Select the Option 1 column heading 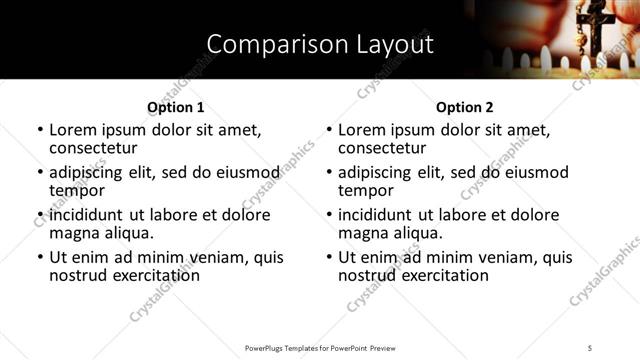[x=175, y=107]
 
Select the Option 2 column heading [x=464, y=107]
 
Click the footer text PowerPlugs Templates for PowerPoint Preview [x=319, y=347]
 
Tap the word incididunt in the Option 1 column [x=88, y=215]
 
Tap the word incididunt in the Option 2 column [x=377, y=215]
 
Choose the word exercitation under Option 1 [x=151, y=275]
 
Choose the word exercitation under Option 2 [x=440, y=275]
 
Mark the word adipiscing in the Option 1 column [x=91, y=172]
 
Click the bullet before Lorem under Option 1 [x=39, y=130]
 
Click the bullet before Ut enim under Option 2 [x=328, y=257]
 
